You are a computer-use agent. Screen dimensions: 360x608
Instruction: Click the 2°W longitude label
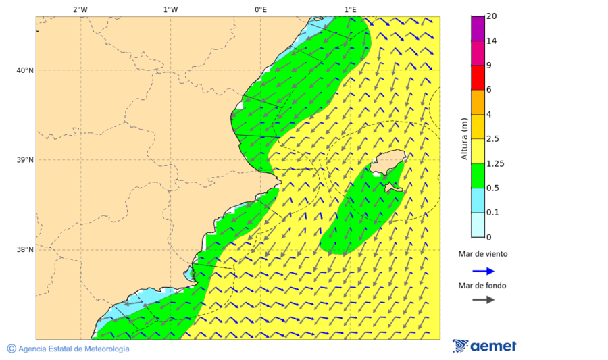tap(80, 9)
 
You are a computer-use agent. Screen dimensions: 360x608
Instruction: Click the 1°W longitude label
tap(170, 9)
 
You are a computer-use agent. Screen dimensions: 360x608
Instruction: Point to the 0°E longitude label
tap(260, 9)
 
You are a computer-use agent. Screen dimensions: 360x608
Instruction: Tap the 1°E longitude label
tap(350, 9)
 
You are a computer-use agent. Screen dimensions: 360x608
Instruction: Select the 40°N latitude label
tap(25, 70)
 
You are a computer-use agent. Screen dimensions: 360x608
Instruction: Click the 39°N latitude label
tap(25, 160)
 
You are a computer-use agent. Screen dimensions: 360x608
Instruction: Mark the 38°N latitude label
tap(25, 250)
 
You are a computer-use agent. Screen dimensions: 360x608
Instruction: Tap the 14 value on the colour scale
tap(492, 41)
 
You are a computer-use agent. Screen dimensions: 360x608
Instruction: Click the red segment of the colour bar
tap(478, 78)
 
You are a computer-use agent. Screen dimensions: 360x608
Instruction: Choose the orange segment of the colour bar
tap(478, 102)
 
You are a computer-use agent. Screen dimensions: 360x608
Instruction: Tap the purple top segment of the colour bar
tap(478, 28)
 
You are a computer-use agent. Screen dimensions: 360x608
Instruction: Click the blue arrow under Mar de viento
tap(483, 271)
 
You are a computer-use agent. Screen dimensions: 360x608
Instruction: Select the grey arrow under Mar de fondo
tap(483, 300)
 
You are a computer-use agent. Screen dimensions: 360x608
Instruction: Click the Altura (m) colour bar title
tap(464, 138)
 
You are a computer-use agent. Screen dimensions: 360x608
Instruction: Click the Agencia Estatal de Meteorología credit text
tap(74, 349)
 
